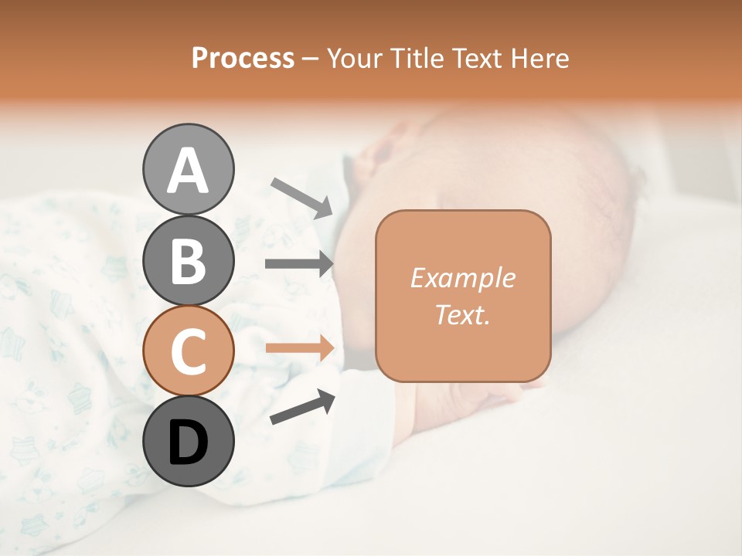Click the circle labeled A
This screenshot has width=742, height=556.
click(188, 169)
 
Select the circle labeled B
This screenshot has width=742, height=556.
click(188, 260)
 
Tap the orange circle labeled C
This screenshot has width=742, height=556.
click(188, 351)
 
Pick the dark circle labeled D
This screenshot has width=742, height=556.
click(188, 441)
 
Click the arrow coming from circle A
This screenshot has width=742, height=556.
click(301, 198)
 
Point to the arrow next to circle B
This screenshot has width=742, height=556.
click(300, 263)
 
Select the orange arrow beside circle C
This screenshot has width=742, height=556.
click(300, 347)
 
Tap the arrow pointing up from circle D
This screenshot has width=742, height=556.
click(302, 407)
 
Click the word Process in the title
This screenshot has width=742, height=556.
click(243, 59)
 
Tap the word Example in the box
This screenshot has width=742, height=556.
click(462, 278)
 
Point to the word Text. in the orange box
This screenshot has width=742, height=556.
click(462, 314)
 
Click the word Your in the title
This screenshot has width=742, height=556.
click(353, 59)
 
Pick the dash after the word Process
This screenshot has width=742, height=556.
click(310, 59)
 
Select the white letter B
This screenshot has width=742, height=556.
click(188, 261)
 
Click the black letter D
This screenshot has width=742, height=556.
click(188, 442)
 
